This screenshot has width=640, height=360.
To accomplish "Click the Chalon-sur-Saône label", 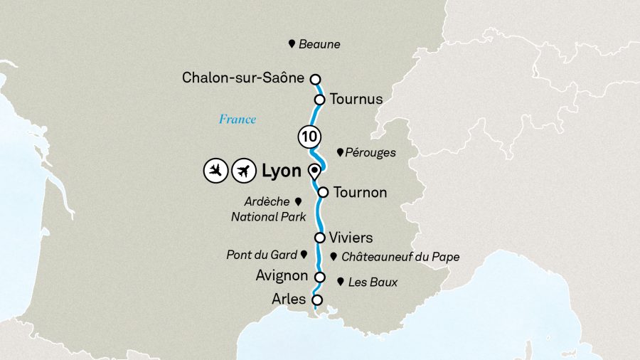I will pyautogui.click(x=243, y=78).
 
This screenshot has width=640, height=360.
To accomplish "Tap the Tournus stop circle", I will pyautogui.click(x=320, y=100).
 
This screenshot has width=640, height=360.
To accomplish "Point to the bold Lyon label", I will pyautogui.click(x=281, y=171).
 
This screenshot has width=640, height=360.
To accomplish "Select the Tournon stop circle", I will pyautogui.click(x=323, y=192).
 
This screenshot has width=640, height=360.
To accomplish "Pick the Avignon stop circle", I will pyautogui.click(x=320, y=277).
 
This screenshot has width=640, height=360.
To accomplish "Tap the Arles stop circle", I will pyautogui.click(x=317, y=300).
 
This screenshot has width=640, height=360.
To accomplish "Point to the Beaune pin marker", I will pyautogui.click(x=292, y=44).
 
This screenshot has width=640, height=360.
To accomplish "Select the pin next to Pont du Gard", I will pyautogui.click(x=304, y=253).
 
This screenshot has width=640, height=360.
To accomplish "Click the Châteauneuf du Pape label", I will pyautogui.click(x=400, y=257).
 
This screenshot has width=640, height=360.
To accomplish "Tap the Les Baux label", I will pyautogui.click(x=373, y=282).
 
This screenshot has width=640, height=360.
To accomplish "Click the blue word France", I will pyautogui.click(x=237, y=119).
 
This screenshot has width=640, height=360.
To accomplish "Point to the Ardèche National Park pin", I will pyautogui.click(x=298, y=201).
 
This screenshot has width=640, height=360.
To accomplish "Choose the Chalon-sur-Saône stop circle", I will pyautogui.click(x=315, y=79).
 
